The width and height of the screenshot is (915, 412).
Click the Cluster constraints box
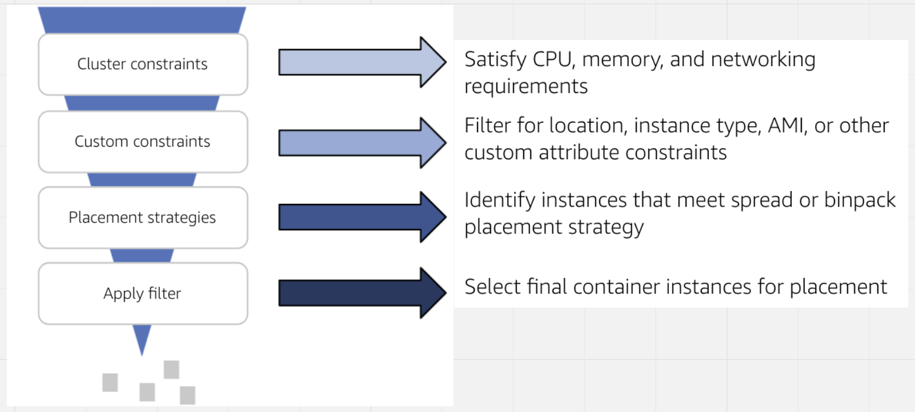[143, 64]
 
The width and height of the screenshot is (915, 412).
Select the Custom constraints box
[143, 142]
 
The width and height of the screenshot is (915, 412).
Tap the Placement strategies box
[143, 217]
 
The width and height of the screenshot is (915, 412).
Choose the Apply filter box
[143, 293]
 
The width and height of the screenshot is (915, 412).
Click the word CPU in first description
[552, 59]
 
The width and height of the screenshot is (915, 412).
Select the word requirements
[525, 87]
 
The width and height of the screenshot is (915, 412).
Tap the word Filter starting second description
[488, 126]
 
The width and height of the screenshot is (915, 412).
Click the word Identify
[500, 201]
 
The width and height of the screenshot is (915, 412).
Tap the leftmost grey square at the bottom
[110, 382]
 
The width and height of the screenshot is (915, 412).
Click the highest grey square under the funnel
[171, 369]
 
